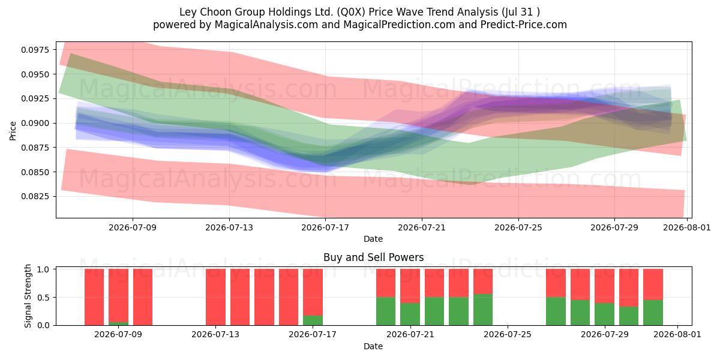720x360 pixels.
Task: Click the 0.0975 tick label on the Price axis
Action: (35, 50)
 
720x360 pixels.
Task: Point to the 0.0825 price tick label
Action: (35, 196)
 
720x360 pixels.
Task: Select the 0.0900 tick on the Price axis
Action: (35, 123)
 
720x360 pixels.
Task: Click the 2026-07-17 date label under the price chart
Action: (325, 227)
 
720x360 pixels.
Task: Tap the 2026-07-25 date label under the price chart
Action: (518, 227)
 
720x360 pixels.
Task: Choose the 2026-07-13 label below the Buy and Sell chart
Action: (215, 335)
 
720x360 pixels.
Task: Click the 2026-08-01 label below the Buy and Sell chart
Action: (677, 335)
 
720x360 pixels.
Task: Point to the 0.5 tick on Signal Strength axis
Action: (43, 298)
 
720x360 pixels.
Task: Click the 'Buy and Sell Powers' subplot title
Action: (373, 257)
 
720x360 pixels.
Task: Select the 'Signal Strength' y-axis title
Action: (28, 296)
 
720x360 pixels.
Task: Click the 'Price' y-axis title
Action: (13, 131)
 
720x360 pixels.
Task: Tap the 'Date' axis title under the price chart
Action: (373, 239)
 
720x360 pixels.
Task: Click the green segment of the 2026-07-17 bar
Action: (313, 320)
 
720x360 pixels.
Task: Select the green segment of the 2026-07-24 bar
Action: (483, 310)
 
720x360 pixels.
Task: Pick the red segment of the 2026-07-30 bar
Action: (629, 287)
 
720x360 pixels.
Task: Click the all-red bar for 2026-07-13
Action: (215, 297)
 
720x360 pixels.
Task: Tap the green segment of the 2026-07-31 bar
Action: (653, 313)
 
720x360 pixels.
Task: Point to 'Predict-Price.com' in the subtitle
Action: (524, 25)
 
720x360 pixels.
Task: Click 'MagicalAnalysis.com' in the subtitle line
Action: (266, 25)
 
